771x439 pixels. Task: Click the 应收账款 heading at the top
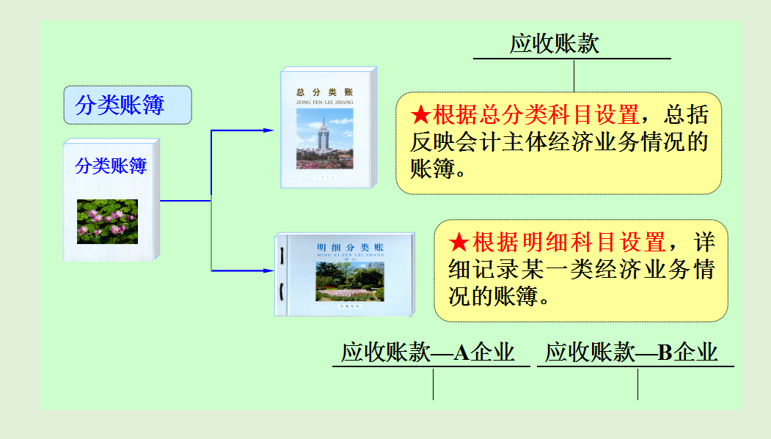[x=555, y=44]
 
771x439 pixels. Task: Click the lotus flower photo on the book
[x=107, y=221]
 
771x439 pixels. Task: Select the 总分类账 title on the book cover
[x=324, y=92]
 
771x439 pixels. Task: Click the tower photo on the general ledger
[x=324, y=139]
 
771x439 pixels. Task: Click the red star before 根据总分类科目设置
[x=420, y=115]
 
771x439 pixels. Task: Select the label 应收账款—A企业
[x=428, y=353]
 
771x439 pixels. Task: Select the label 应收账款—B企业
[x=632, y=353]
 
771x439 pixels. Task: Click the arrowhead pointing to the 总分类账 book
[x=268, y=130]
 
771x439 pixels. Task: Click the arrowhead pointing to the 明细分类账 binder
[x=268, y=271]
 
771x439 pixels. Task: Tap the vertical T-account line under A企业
[x=433, y=384]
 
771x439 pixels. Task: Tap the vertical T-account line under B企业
[x=637, y=384]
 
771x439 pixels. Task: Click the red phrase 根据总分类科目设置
[x=536, y=115]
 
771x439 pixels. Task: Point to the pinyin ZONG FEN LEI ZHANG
[x=324, y=103]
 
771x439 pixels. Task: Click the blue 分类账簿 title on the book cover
[x=111, y=166]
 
